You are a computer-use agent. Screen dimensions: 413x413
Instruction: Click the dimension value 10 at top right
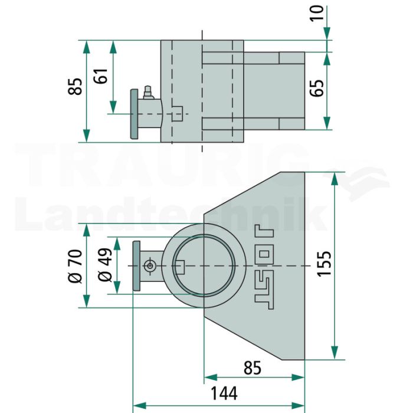tap(317, 13)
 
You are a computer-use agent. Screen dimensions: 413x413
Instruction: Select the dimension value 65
tap(317, 88)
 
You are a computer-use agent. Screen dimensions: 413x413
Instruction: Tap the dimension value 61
tap(101, 76)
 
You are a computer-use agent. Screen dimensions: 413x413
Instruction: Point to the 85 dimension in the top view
tap(75, 86)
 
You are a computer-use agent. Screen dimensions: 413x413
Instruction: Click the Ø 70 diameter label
tap(75, 266)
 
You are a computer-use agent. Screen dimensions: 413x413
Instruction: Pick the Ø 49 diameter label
tap(105, 265)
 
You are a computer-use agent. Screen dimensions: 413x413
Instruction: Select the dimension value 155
tap(324, 264)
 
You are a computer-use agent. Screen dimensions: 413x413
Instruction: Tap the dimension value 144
tap(224, 394)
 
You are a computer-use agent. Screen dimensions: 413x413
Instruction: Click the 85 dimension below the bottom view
tap(253, 368)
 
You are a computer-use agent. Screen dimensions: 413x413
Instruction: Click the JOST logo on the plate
tap(264, 267)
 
